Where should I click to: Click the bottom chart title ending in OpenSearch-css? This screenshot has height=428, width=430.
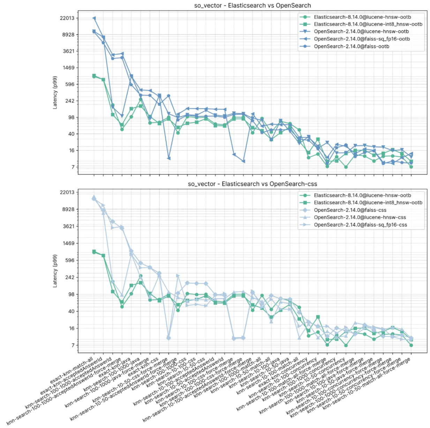tap(252, 184)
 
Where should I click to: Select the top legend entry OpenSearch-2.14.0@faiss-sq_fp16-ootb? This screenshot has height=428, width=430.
tap(362, 39)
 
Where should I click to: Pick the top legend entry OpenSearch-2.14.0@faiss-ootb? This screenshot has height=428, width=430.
tap(351, 46)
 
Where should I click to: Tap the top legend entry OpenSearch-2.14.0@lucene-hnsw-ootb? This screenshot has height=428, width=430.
tap(361, 32)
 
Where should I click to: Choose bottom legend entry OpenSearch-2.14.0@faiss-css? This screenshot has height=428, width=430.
tap(350, 210)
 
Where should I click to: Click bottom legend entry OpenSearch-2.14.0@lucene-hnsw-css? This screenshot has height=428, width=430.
tap(360, 217)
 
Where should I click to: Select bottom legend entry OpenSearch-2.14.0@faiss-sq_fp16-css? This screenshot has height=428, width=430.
tap(360, 225)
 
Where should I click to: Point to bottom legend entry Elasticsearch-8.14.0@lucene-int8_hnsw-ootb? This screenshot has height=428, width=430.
tap(368, 203)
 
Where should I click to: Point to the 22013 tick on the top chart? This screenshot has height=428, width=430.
tap(67, 18)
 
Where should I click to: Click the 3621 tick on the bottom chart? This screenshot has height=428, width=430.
tap(69, 226)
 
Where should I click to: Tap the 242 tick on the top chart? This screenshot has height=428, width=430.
tap(70, 101)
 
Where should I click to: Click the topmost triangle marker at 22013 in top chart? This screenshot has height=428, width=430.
tap(94, 18)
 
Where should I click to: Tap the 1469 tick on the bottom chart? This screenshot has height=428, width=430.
tap(69, 243)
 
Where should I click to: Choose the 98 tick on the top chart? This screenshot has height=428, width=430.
tap(71, 118)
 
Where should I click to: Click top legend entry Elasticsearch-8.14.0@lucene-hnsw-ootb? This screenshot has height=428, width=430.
tap(359, 17)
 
